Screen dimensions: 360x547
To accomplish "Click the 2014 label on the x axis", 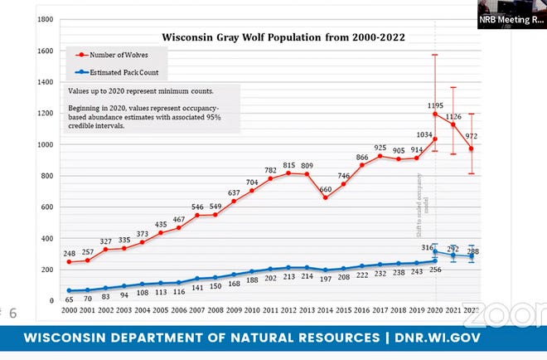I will pyautogui.click(x=325, y=310).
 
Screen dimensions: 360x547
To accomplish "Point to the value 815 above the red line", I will pyautogui.click(x=288, y=164).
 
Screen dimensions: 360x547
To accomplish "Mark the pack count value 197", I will pyautogui.click(x=325, y=276).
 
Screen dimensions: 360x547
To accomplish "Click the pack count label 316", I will pyautogui.click(x=428, y=248).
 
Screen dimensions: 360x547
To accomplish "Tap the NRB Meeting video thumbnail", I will pyautogui.click(x=511, y=14).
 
